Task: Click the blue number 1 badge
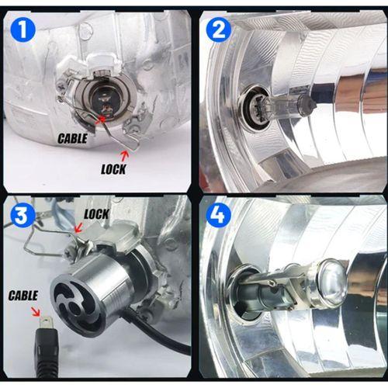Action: pyautogui.click(x=23, y=29)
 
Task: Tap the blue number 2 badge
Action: pyautogui.click(x=219, y=29)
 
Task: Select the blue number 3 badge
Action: pyautogui.click(x=22, y=215)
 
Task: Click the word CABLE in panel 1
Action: pyautogui.click(x=72, y=139)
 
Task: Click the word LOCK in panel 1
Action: pyautogui.click(x=113, y=169)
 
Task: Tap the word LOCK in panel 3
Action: pyautogui.click(x=96, y=214)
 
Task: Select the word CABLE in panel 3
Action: pyautogui.click(x=23, y=296)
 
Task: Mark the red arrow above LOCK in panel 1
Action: pyautogui.click(x=125, y=155)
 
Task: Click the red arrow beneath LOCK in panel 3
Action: pyautogui.click(x=78, y=227)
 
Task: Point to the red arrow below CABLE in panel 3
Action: pyautogui.click(x=36, y=311)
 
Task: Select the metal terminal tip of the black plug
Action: pyautogui.click(x=47, y=323)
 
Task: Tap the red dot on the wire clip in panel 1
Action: pyautogui.click(x=103, y=120)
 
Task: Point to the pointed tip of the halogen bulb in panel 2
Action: pyautogui.click(x=314, y=106)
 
